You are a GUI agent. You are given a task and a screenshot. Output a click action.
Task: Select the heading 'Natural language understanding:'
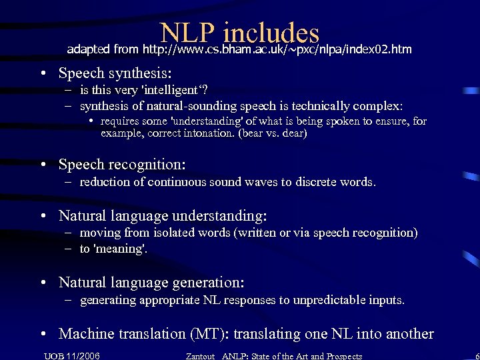tap(163, 215)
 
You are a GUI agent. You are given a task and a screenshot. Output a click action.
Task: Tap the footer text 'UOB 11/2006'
tap(72, 355)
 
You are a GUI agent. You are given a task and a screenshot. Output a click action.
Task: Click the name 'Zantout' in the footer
tap(201, 356)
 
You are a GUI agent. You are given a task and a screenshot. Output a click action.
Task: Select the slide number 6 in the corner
tap(474, 355)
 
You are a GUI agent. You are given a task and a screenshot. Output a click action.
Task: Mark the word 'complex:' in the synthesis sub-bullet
tap(380, 106)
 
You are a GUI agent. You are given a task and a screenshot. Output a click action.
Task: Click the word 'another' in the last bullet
tap(409, 334)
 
